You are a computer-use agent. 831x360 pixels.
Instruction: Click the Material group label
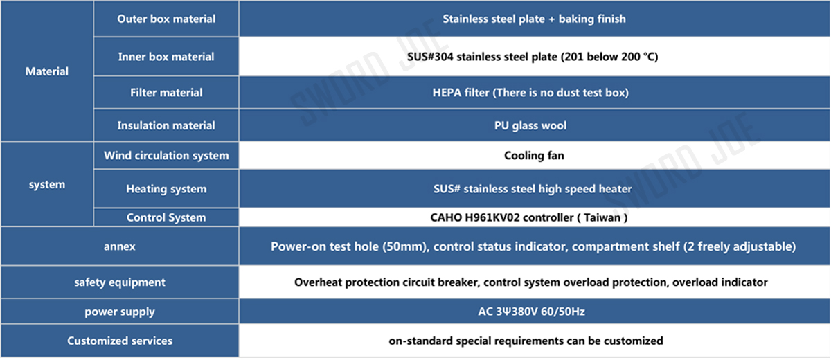pyautogui.click(x=47, y=71)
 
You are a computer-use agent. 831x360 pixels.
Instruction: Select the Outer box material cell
pyautogui.click(x=166, y=19)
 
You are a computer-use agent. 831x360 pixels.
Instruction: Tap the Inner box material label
pyautogui.click(x=166, y=57)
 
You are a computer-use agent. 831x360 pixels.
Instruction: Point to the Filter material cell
pyautogui.click(x=166, y=92)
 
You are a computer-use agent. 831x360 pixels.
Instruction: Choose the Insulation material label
pyautogui.click(x=166, y=125)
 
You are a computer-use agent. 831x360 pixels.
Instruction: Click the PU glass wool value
pyautogui.click(x=530, y=126)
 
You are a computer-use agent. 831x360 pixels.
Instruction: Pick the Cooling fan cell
pyautogui.click(x=534, y=155)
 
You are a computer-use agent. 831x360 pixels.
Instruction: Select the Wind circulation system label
pyautogui.click(x=166, y=155)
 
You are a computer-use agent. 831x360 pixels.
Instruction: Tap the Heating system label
pyautogui.click(x=166, y=189)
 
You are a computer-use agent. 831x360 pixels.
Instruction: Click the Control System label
pyautogui.click(x=166, y=217)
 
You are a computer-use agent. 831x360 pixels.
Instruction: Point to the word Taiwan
pyautogui.click(x=602, y=217)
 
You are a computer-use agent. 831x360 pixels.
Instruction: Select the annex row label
pyautogui.click(x=119, y=246)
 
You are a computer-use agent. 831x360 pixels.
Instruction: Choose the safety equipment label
pyautogui.click(x=119, y=282)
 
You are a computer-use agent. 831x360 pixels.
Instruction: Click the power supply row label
pyautogui.click(x=119, y=312)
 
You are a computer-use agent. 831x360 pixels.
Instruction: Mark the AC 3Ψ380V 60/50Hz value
pyautogui.click(x=531, y=312)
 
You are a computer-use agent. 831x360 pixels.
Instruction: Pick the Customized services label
pyautogui.click(x=119, y=341)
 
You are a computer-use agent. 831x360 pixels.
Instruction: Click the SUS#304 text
pyautogui.click(x=430, y=57)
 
